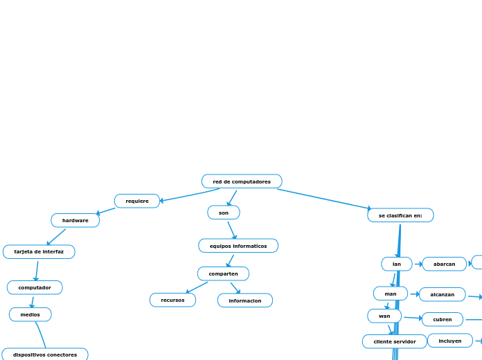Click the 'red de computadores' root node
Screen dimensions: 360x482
coord(242,181)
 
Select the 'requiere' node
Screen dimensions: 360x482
coord(137,201)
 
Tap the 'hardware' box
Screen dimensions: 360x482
coord(75,220)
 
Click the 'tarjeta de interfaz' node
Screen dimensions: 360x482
coord(39,251)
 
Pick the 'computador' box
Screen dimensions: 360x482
coord(35,287)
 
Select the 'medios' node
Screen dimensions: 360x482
coord(30,314)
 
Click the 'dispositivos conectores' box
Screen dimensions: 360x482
coord(45,354)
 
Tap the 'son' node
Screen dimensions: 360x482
coord(224,213)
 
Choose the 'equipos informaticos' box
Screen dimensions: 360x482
coord(238,246)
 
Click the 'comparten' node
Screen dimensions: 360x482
coord(223,273)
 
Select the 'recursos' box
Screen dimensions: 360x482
coord(172,300)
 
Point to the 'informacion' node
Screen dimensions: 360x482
coord(245,300)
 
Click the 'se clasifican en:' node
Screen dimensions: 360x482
coord(400,215)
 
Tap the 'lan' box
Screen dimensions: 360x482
coord(397,264)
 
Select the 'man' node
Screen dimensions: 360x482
coord(391,294)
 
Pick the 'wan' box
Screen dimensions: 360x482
coord(384,316)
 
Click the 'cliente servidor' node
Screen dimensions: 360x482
coord(395,341)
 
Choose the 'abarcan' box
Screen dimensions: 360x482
coord(445,264)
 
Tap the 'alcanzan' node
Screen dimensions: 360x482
coord(443,294)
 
